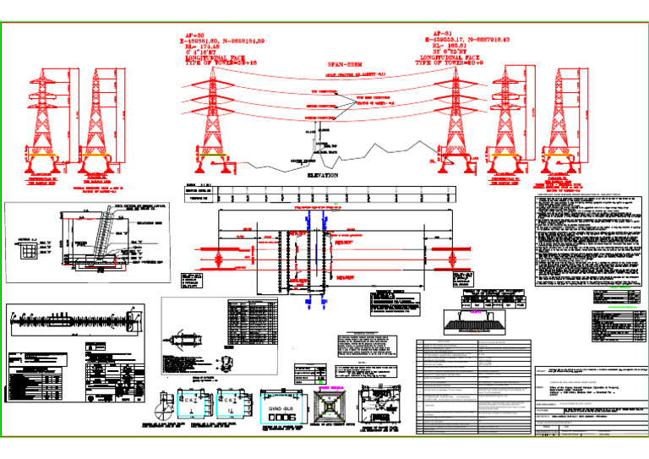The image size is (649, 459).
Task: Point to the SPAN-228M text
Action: [x=344, y=63]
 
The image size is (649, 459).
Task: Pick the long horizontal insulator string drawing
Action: [x=73, y=320]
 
